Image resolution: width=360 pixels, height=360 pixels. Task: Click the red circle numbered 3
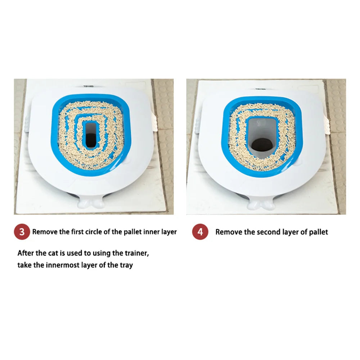point(22,231)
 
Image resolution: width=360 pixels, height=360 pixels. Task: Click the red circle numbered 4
point(200,231)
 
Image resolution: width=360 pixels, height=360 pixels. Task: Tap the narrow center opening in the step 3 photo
point(91,135)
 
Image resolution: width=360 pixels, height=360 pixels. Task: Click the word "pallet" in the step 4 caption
point(319,232)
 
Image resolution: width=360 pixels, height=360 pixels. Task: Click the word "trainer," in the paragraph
point(137,253)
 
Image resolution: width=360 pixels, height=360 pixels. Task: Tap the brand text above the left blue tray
point(89,86)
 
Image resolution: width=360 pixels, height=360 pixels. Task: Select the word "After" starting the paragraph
point(26,253)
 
